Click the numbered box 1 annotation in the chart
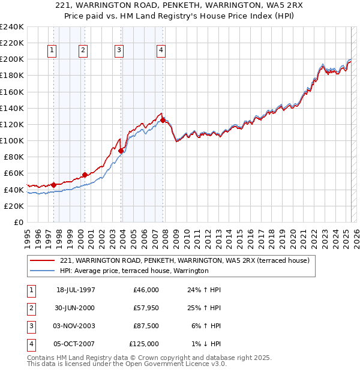tap(53, 51)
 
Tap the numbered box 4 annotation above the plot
tap(161, 51)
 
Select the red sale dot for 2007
tap(163, 120)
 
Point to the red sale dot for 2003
tap(121, 151)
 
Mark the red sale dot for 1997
tap(53, 184)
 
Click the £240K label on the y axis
tap(12, 27)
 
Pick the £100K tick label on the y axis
tap(12, 140)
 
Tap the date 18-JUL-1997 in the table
tap(76, 290)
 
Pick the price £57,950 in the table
tap(144, 308)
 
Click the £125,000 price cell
tap(144, 344)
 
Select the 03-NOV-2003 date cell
tap(76, 326)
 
